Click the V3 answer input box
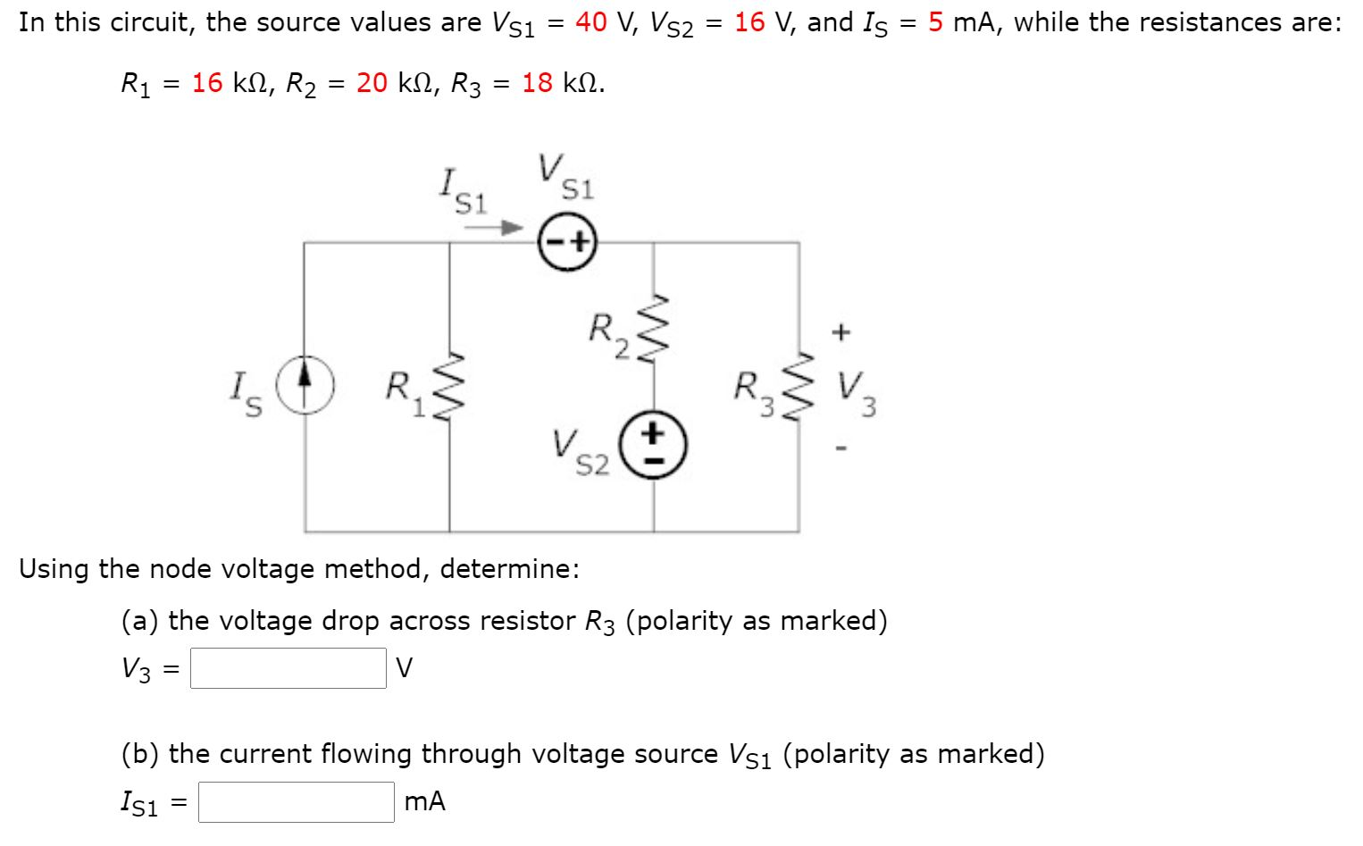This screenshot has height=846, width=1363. coord(288,668)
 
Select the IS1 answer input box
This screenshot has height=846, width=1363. coord(296,802)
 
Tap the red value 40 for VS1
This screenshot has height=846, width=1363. coord(591,22)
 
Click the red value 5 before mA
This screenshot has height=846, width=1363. coord(935,22)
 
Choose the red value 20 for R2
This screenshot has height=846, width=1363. coord(372,83)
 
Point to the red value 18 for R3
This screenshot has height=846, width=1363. coord(538,83)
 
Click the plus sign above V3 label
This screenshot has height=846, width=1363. coord(840,332)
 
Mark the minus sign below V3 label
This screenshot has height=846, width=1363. coord(840,447)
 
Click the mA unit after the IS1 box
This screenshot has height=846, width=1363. coord(424,801)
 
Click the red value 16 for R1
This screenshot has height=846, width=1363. coord(207,83)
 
